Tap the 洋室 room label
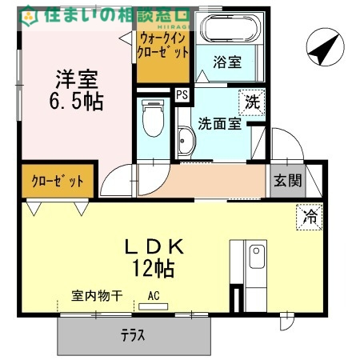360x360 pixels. tap(77, 79)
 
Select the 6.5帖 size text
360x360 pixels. tap(77, 102)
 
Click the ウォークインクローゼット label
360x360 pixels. tap(163, 45)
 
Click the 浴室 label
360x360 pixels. tap(229, 62)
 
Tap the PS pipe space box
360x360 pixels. tap(182, 94)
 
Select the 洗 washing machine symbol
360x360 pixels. tap(252, 102)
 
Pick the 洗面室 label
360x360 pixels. tap(219, 124)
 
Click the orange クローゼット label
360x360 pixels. tap(58, 181)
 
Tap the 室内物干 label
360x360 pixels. tap(96, 296)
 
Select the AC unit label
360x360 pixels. tap(152, 296)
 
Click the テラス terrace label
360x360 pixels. tap(133, 336)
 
